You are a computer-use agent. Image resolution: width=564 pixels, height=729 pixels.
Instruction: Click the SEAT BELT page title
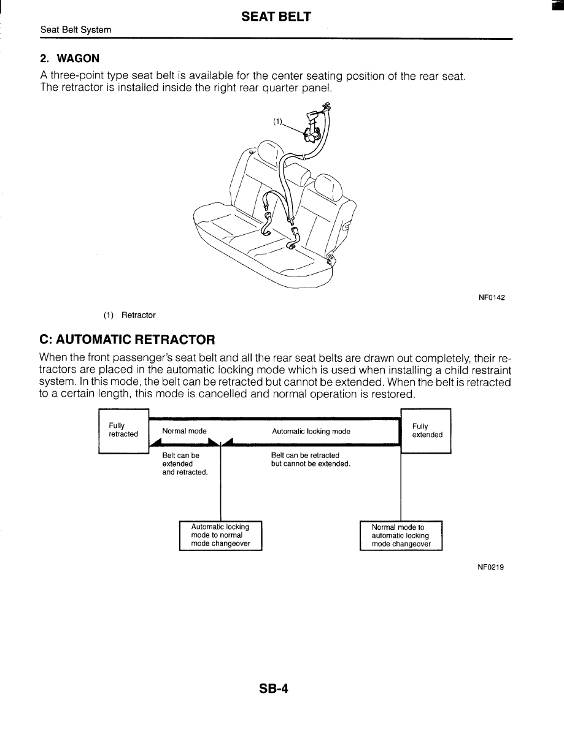click(276, 17)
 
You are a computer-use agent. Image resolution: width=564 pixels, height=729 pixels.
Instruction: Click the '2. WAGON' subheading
click(69, 59)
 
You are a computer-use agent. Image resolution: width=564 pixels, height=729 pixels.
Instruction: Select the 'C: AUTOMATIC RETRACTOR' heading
click(127, 339)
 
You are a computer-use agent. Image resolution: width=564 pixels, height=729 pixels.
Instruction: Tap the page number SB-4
click(274, 689)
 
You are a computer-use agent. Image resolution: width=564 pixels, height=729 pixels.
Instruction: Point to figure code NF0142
click(491, 298)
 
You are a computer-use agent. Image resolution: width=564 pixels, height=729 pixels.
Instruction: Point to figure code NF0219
click(491, 568)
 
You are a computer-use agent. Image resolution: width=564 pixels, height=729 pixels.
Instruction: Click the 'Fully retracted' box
click(123, 430)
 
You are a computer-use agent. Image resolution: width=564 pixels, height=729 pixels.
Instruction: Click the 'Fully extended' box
click(426, 430)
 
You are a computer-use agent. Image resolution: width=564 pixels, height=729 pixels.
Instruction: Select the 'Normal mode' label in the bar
click(184, 431)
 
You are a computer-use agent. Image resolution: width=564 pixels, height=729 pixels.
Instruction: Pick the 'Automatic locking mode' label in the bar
click(311, 431)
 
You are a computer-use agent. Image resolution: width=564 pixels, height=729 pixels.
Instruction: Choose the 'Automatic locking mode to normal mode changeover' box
click(220, 535)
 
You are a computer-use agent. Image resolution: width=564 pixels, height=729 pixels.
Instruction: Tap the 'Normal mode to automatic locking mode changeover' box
click(400, 535)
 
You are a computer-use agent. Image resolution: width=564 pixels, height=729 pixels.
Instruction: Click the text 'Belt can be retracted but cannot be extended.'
click(311, 460)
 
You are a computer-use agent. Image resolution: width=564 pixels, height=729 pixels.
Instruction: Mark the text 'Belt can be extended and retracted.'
click(185, 464)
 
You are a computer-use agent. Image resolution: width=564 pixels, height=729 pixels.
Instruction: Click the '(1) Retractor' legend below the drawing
click(129, 315)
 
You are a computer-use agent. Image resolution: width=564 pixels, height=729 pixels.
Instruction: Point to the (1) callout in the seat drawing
click(277, 121)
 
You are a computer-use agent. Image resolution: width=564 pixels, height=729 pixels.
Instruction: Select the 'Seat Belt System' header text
click(75, 29)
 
